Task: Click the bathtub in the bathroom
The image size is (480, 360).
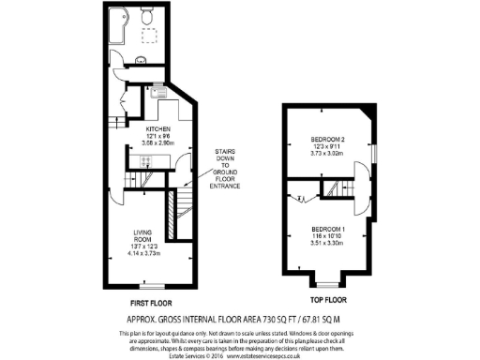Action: pos(115,29)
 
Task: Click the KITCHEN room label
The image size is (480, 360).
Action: pos(157,127)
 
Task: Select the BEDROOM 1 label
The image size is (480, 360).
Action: pos(330,231)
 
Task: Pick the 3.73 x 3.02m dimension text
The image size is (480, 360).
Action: pos(330,155)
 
